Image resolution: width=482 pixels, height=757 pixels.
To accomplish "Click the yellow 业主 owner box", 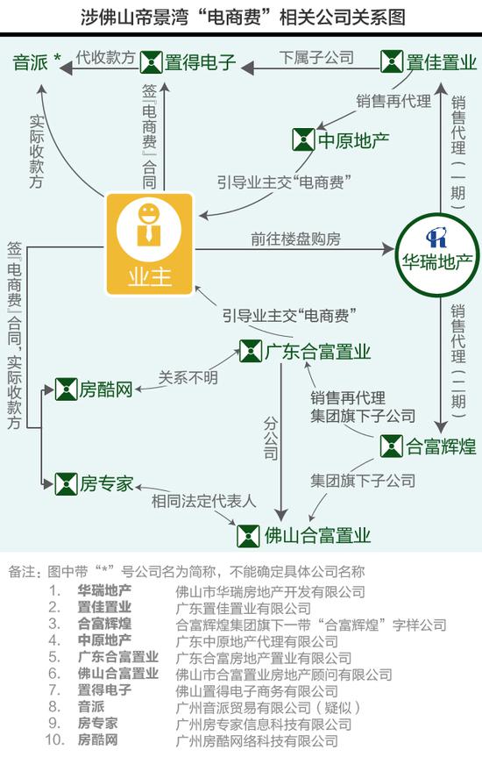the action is point(150,244).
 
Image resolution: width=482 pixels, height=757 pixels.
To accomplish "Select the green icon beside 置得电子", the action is point(151,62).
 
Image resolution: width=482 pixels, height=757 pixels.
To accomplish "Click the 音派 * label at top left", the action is point(37,61).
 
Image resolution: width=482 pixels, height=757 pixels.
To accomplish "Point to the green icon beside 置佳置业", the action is point(391,61).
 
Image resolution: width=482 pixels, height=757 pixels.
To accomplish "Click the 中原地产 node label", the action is point(354,140).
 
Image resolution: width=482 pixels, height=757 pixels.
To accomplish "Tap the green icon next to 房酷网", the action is point(66,389).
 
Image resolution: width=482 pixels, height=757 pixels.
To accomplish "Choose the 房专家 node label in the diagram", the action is point(106,483).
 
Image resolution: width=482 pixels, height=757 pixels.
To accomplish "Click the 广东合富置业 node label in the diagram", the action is point(317,352).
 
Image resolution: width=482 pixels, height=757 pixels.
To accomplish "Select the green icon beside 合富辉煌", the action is point(391,446).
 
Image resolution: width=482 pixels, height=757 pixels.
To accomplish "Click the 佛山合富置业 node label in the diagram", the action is point(317,536).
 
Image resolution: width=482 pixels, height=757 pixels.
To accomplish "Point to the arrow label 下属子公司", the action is point(316,57).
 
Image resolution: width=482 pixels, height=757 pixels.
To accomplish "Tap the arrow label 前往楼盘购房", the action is point(295,239).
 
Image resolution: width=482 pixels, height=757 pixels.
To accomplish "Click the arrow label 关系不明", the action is point(188,377).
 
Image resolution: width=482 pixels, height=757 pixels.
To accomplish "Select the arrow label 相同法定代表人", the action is point(203,501).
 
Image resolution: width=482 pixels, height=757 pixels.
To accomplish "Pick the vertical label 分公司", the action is point(271,439).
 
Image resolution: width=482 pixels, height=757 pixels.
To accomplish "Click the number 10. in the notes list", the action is point(55,740).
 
